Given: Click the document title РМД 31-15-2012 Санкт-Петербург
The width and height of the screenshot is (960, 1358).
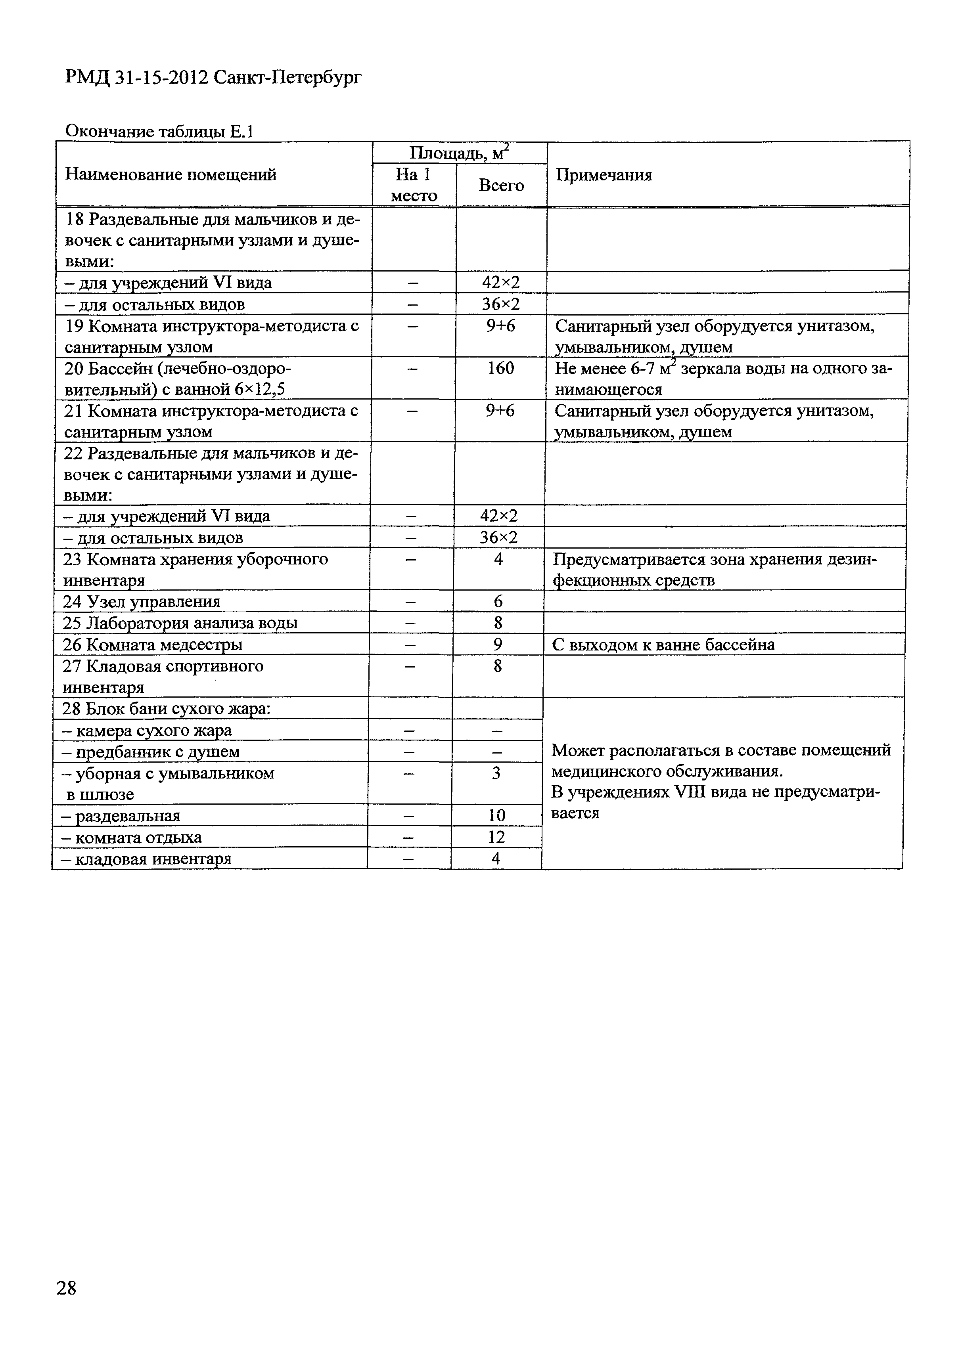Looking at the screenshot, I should point(213,77).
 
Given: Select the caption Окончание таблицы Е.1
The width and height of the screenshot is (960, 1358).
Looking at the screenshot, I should point(159,131).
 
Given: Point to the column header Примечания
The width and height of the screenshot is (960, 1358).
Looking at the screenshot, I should point(604,175).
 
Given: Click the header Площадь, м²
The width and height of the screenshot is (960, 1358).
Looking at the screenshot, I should point(459,153).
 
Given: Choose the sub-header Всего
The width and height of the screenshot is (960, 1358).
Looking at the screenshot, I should point(501,186).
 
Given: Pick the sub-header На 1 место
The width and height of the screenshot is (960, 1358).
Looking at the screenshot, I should point(414,185).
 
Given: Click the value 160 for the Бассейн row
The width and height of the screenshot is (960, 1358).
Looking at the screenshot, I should point(501,369).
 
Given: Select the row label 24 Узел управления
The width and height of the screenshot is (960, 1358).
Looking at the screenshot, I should point(142,602).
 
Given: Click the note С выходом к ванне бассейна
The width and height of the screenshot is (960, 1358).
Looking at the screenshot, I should point(663,645).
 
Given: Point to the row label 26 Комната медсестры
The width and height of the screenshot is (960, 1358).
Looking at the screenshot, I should point(152,645).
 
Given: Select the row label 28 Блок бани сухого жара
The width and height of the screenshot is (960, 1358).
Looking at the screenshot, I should point(166,709).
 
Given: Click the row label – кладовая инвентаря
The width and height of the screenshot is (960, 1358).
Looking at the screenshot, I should point(146,859).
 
